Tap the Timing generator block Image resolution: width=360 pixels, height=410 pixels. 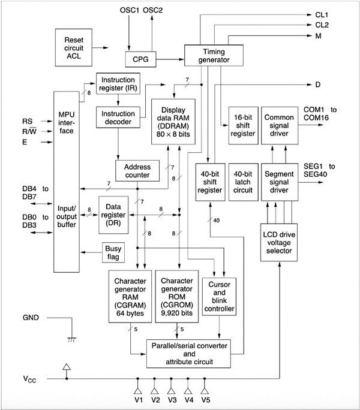tap(214, 55)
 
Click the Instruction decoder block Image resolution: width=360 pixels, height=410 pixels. tap(118, 116)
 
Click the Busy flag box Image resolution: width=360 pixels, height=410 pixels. tap(113, 252)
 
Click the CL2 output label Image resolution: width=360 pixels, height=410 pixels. tap(323, 26)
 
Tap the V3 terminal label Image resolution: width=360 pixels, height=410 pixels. tap(172, 399)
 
